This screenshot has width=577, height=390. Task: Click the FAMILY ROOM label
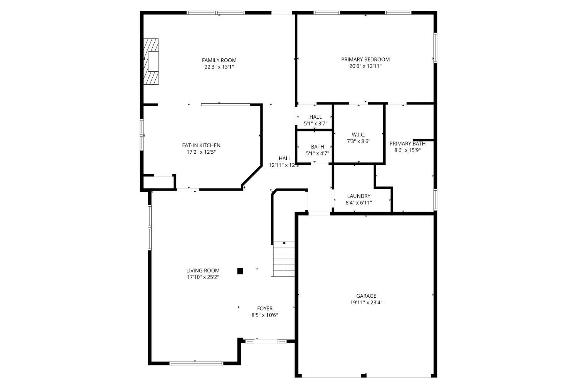(219, 60)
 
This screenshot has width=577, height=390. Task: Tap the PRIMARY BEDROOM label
(365, 60)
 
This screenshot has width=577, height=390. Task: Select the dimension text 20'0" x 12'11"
(365, 66)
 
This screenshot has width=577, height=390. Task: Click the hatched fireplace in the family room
(151, 61)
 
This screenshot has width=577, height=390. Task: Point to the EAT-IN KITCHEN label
(201, 145)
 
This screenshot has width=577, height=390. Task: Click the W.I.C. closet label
(359, 134)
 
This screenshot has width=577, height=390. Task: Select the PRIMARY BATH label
(407, 144)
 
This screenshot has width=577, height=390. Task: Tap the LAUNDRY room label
(359, 196)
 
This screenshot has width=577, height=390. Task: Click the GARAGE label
(366, 296)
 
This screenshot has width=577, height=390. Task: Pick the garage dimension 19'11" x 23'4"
(366, 302)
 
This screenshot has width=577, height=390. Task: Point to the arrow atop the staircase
(284, 243)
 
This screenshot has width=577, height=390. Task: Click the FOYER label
(265, 309)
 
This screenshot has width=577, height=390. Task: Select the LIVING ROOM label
(203, 271)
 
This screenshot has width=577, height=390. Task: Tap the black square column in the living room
(240, 271)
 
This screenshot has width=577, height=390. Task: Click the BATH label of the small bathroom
(317, 147)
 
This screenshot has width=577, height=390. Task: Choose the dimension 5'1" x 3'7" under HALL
(315, 124)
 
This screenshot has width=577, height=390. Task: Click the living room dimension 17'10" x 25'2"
(203, 277)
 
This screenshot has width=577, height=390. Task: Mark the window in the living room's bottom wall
(196, 362)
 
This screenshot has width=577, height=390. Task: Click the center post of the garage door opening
(364, 375)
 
